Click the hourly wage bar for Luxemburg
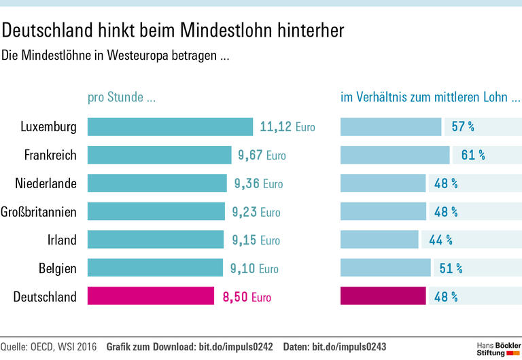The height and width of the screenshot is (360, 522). click(x=170, y=127)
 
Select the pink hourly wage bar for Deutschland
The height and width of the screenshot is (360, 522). click(x=151, y=296)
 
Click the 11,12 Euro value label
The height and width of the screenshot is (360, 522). click(x=287, y=127)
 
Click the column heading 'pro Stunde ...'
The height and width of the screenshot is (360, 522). click(x=122, y=97)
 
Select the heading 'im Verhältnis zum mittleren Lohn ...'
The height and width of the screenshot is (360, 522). click(x=430, y=97)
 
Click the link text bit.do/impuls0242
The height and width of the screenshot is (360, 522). click(x=235, y=347)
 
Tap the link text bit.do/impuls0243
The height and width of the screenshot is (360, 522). click(x=349, y=347)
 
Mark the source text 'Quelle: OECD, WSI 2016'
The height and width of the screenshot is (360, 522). click(x=49, y=347)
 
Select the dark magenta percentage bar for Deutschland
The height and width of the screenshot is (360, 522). click(x=383, y=296)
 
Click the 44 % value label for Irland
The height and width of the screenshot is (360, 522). click(x=440, y=240)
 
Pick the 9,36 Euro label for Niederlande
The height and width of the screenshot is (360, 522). click(x=258, y=183)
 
